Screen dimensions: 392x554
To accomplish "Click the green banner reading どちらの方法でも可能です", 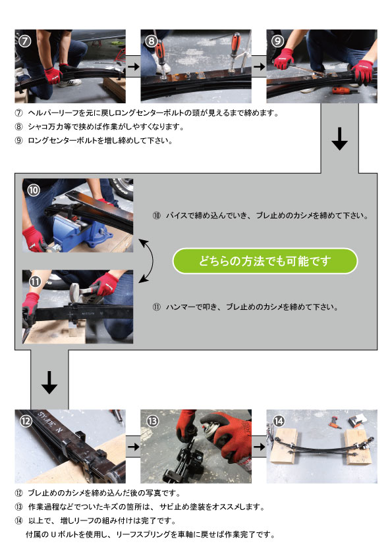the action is tap(265, 261).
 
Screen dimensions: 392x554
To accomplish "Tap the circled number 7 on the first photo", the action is tap(25, 41).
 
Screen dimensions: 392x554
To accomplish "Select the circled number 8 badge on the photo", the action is tap(151, 41).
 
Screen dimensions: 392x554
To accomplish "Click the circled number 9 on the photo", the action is tap(277, 41).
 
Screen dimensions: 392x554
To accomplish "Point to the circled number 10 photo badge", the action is tap(33, 190).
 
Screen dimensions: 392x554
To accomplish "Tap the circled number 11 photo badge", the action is tap(35, 282).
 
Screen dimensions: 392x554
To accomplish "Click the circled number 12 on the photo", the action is tap(26, 420).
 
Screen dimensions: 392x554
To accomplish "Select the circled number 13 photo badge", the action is tap(152, 421).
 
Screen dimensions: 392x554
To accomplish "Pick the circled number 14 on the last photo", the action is tap(279, 421).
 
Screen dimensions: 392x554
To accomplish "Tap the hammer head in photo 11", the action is tap(74, 291).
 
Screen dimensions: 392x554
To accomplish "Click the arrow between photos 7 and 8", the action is tap(133, 66).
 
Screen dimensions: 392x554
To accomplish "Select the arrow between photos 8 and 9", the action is tap(260, 66).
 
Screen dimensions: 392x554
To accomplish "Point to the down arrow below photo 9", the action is tap(340, 139).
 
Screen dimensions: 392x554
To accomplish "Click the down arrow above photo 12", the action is tap(49, 382).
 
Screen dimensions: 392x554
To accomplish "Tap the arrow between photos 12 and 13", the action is tap(133, 447).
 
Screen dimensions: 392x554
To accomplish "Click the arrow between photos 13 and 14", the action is tap(260, 447).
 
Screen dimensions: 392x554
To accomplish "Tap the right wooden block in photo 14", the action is tap(358, 447).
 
